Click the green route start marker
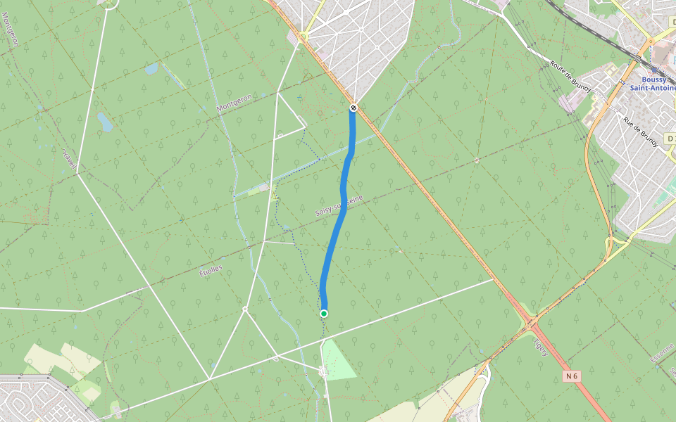point(324,313)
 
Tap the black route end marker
point(353,108)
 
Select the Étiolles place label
point(211,270)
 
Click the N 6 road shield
point(572,376)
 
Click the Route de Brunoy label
point(570,75)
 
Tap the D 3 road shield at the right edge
point(670,138)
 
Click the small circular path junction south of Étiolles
point(244,309)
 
